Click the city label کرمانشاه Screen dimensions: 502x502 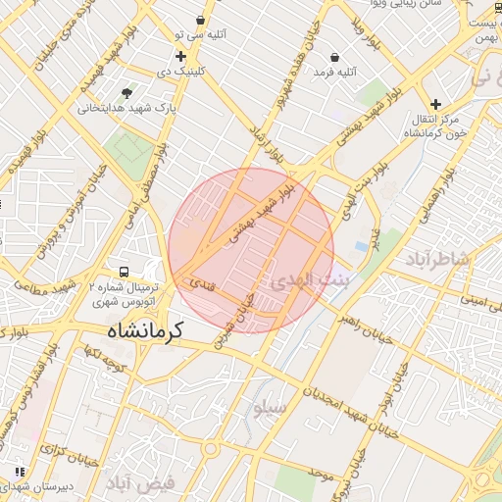147,330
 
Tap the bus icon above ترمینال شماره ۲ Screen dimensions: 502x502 124,272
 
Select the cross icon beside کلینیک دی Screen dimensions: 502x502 180,56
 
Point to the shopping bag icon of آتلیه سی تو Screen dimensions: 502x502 201,20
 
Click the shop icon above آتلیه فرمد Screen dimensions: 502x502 336,56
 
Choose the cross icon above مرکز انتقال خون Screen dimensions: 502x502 435,103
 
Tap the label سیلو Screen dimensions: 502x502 269,406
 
